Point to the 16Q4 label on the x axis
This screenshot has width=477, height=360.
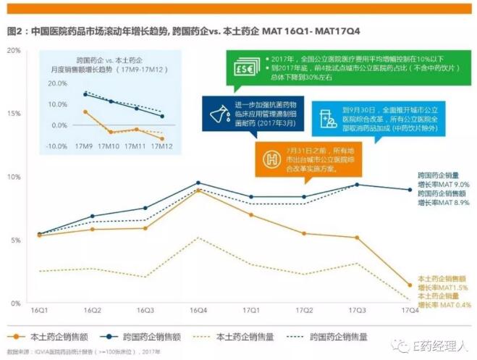pos(198,310)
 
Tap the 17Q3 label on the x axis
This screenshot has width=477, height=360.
pos(358,310)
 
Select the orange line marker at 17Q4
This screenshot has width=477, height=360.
pos(410,285)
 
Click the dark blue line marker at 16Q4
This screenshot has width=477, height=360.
pos(198,183)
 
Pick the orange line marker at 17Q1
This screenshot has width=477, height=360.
pos(251,215)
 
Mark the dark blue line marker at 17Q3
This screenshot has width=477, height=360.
pos(357,185)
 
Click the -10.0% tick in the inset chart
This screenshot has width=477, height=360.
pos(57,146)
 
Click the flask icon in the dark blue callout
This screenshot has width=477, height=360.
pos(216,111)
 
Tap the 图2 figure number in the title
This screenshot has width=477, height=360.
pos(14,32)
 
